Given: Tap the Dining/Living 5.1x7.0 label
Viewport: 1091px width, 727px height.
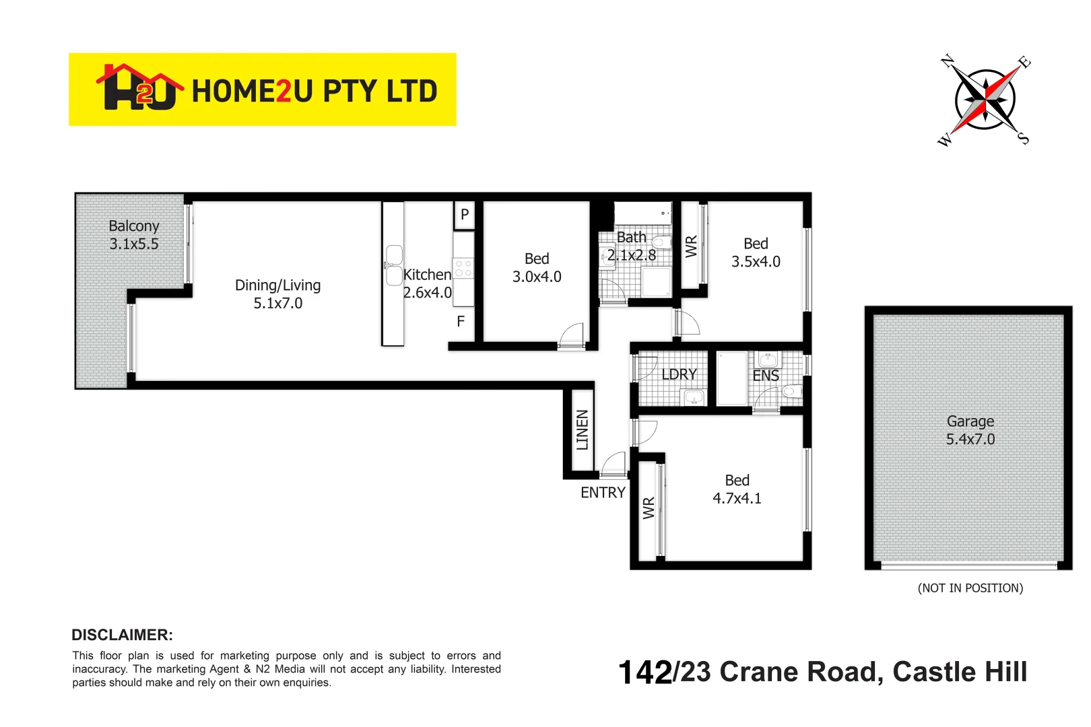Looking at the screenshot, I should point(277,294).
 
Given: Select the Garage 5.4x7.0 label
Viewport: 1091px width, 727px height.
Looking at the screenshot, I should point(970,430).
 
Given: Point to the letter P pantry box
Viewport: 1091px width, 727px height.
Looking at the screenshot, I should point(464,215).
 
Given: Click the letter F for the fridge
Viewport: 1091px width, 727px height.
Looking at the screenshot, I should point(461,322).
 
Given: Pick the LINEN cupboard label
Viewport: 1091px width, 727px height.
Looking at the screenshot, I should point(582,429).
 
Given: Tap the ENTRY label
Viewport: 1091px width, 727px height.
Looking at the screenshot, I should point(603,493).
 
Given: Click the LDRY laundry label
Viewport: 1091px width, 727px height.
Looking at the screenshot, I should point(678,374).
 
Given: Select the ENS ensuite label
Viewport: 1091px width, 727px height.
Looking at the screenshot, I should point(766,376).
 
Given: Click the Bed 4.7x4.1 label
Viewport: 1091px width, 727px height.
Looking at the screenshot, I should point(737,489).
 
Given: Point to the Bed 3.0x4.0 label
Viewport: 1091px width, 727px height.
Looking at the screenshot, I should point(537,267).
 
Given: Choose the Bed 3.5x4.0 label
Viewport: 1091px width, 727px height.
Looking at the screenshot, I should point(756,252).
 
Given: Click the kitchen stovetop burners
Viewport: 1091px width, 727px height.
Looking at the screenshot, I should point(463,269).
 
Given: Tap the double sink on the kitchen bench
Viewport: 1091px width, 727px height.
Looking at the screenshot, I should point(394,265).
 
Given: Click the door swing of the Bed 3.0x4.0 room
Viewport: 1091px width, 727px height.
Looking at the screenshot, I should point(572,335).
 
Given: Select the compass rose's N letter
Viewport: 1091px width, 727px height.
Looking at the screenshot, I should point(948,61).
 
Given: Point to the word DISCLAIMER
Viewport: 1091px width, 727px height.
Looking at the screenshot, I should point(122,635).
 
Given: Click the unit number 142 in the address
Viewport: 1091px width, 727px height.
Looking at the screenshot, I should point(644,672).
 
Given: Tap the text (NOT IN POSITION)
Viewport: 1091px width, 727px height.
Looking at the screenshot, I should point(970,588).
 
